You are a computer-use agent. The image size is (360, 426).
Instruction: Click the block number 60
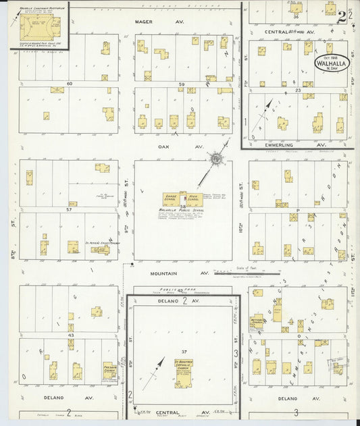point(69,84)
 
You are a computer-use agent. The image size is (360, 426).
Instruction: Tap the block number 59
point(181,84)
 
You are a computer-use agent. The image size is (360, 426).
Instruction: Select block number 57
point(69,210)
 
